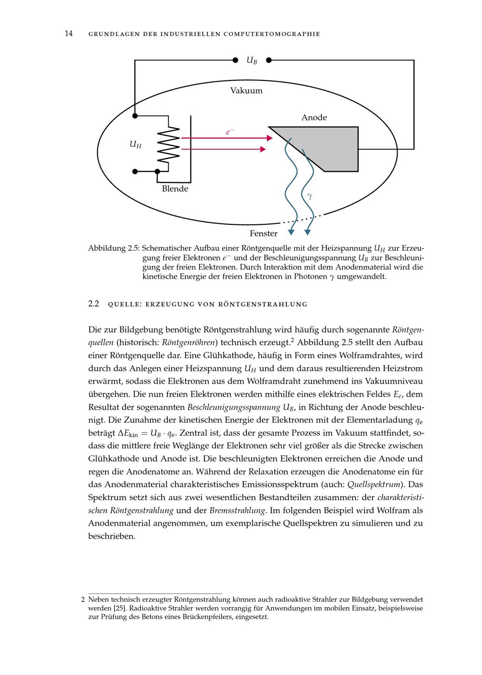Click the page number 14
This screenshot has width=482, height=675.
(x=68, y=34)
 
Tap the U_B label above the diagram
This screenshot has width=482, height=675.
(x=252, y=61)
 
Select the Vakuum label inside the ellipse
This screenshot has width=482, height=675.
(x=246, y=91)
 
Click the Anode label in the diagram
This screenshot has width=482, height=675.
(x=314, y=117)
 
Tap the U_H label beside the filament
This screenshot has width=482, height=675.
(x=135, y=144)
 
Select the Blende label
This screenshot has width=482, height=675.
(x=175, y=189)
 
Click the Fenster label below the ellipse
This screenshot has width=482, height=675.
(x=263, y=234)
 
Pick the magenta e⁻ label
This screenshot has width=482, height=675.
(x=230, y=131)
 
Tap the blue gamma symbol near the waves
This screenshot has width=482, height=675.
(x=309, y=196)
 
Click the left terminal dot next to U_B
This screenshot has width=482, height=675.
(x=235, y=60)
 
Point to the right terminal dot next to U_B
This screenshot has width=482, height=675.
(x=268, y=60)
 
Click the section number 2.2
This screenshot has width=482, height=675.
(x=94, y=304)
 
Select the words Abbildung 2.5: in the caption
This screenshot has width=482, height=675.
(x=114, y=248)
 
